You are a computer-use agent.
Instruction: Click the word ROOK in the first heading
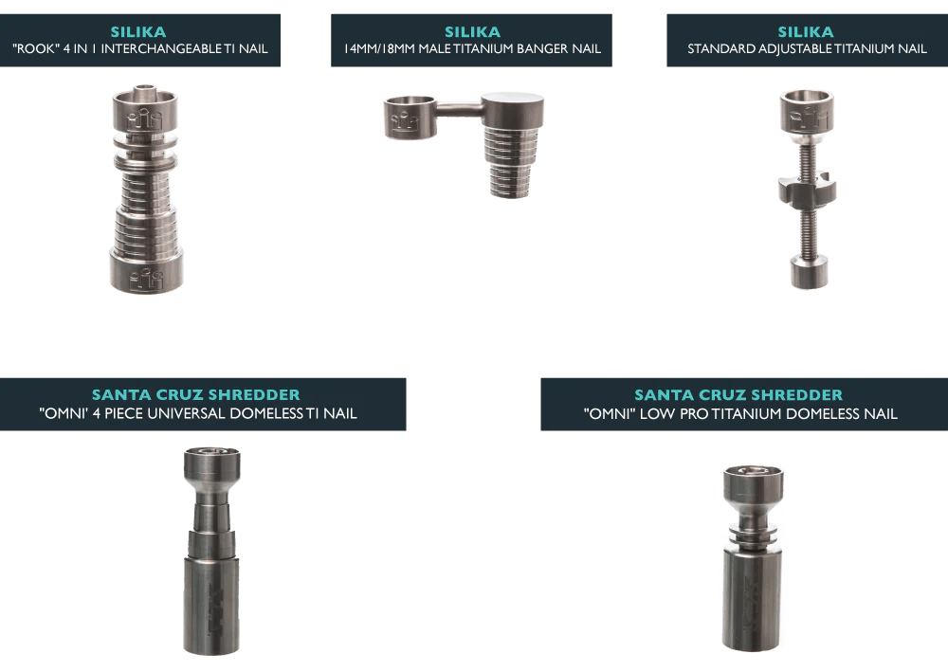[36, 49]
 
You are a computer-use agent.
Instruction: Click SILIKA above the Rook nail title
[138, 32]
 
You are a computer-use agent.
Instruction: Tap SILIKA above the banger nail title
[473, 32]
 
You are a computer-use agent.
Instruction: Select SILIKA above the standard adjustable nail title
[806, 32]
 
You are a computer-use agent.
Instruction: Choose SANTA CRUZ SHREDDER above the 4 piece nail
[196, 394]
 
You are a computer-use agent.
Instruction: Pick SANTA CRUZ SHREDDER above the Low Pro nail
[738, 395]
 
